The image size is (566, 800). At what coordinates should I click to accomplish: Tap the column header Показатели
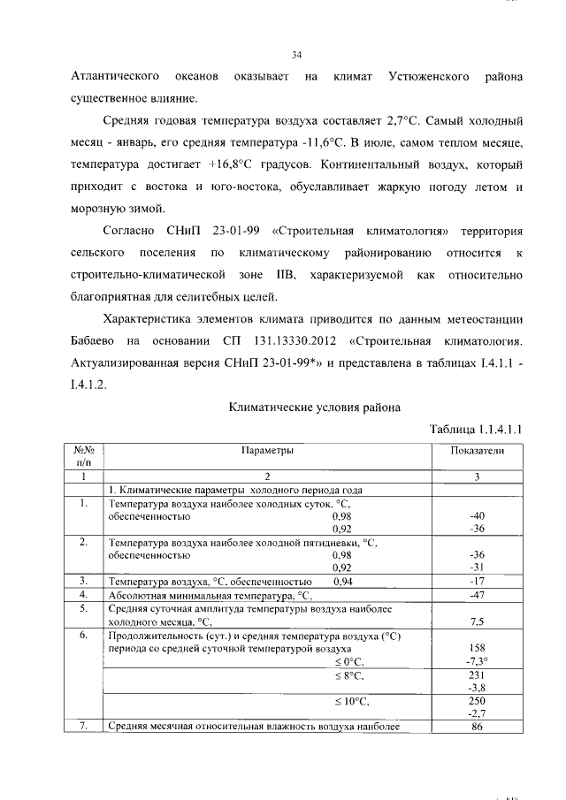[x=477, y=451]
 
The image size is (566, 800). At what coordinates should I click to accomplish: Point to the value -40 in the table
[x=477, y=516]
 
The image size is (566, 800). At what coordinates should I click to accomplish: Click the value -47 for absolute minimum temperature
[x=477, y=596]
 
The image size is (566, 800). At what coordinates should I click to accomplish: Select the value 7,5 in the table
[x=477, y=621]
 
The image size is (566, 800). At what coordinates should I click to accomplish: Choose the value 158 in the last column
[x=477, y=647]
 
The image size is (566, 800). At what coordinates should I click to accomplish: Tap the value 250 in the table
[x=477, y=700]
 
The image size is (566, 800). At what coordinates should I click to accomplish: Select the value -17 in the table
[x=477, y=582]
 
